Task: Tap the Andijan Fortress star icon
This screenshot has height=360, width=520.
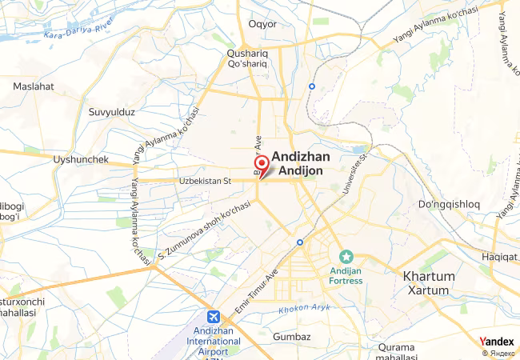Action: [x=346, y=257]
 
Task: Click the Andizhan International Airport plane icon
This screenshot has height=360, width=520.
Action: [x=214, y=317]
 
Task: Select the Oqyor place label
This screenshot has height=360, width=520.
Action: [x=262, y=24]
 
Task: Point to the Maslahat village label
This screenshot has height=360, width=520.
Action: [x=33, y=86]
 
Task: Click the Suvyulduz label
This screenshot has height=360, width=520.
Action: [x=111, y=112]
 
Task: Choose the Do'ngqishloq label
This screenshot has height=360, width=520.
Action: [x=449, y=205]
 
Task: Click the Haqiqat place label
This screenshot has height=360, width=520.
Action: [x=500, y=256]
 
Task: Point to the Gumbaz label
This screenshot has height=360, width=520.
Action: [x=291, y=337]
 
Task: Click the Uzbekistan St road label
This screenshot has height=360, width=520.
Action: [x=203, y=181]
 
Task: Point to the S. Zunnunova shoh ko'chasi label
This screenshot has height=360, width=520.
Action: [x=205, y=232]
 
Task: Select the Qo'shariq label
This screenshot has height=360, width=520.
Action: [x=247, y=62]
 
